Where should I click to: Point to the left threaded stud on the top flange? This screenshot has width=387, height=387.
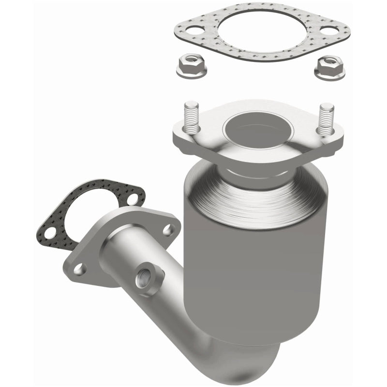click(192, 117)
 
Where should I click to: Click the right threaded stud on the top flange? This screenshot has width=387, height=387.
click(326, 118)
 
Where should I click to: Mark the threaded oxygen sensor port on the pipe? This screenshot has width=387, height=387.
click(144, 280)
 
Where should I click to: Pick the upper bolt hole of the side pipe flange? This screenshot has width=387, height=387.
click(168, 231)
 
